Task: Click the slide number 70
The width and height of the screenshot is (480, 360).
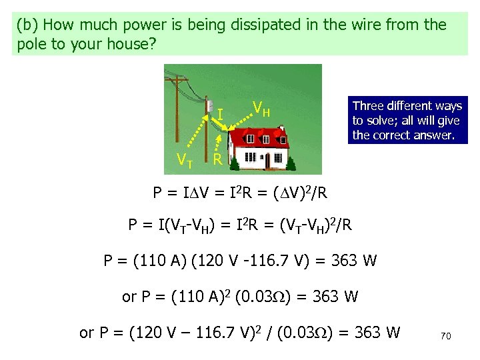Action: pyautogui.click(x=446, y=337)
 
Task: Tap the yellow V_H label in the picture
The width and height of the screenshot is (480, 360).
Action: pyautogui.click(x=261, y=108)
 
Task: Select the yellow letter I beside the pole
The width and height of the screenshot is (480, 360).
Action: pyautogui.click(x=220, y=115)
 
